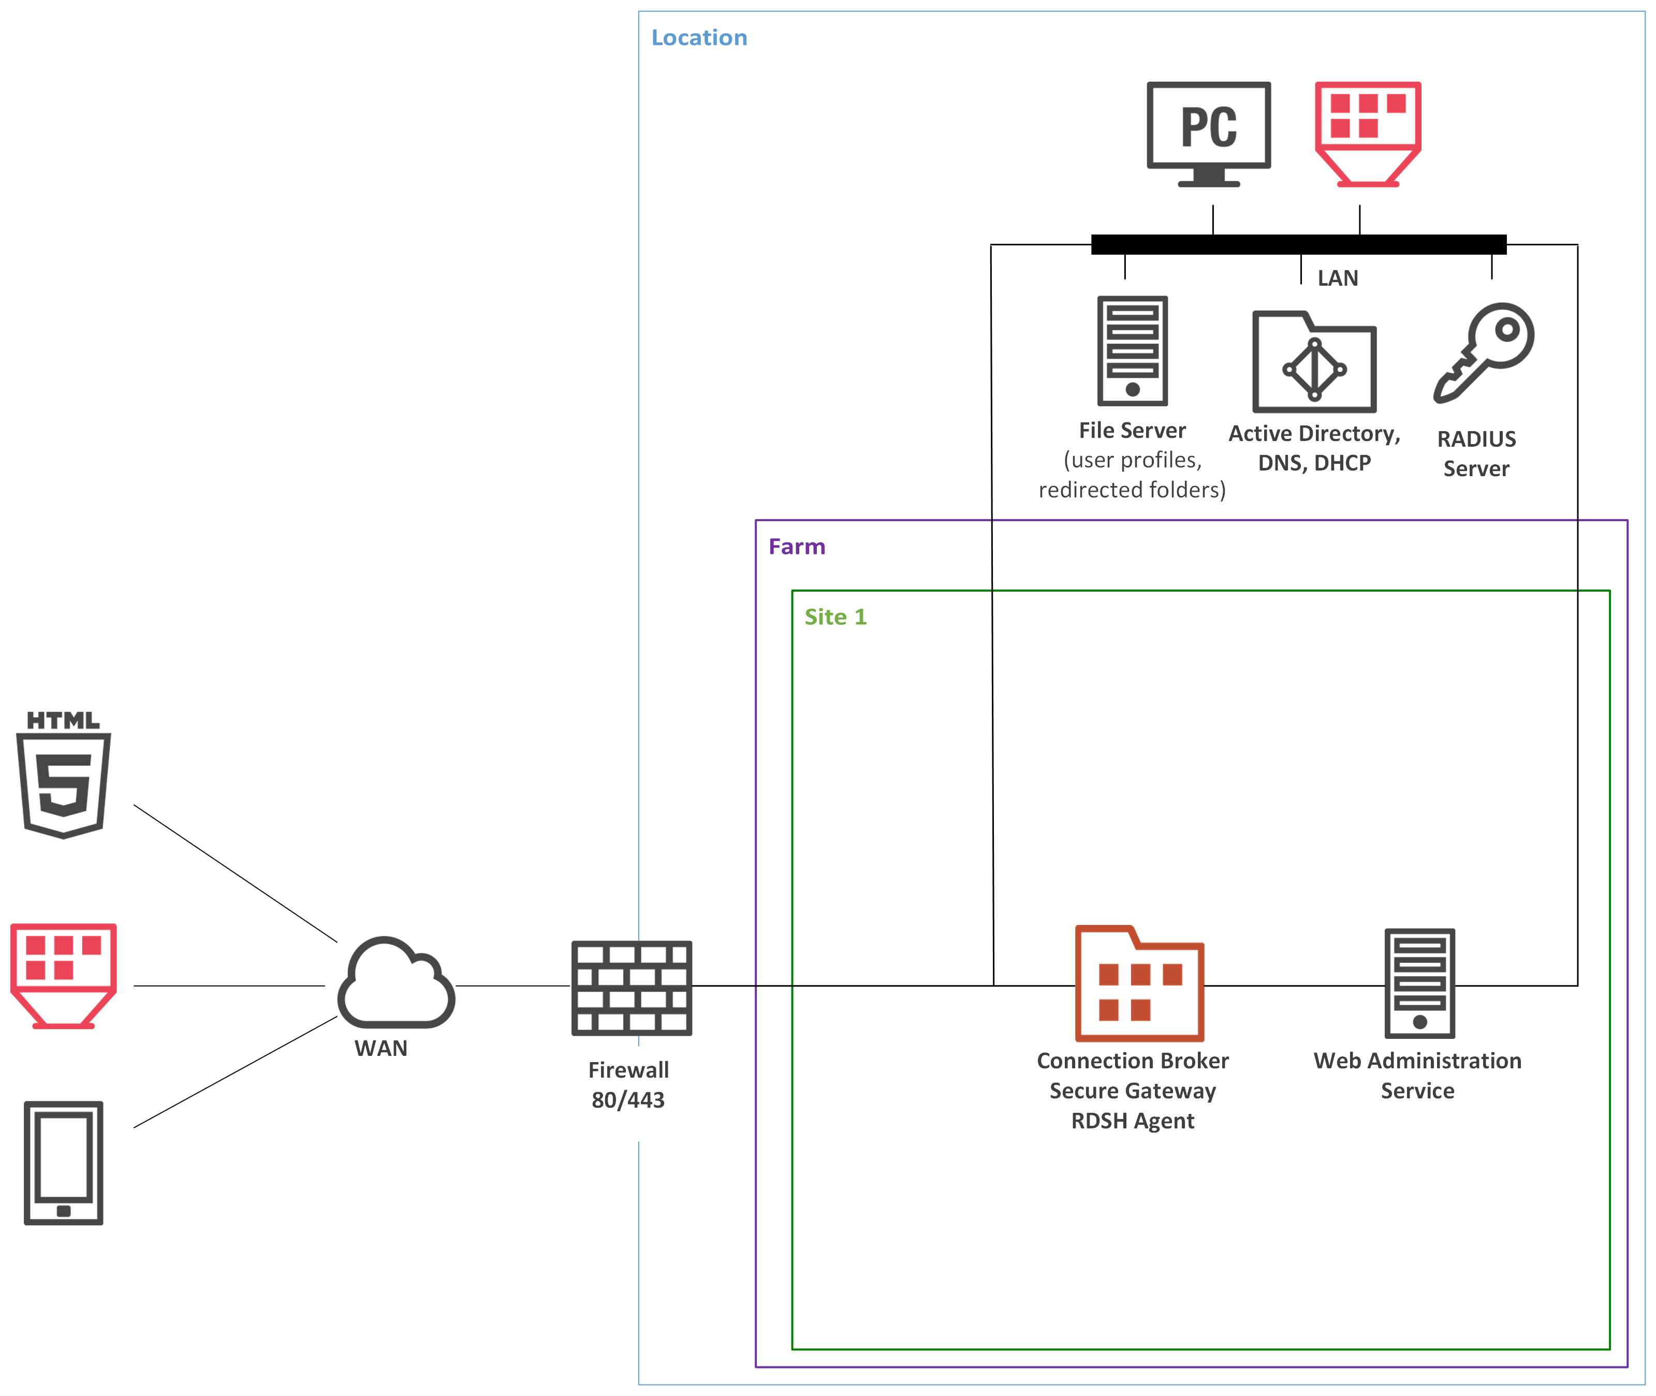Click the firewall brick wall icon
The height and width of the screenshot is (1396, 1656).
click(x=631, y=988)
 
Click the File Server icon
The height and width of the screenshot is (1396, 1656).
click(x=1132, y=350)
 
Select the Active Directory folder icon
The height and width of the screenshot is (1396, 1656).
click(x=1314, y=362)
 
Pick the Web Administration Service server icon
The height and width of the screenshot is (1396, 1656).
click(x=1419, y=983)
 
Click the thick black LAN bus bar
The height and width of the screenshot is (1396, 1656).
click(x=1298, y=244)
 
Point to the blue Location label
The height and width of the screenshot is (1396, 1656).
click(x=699, y=38)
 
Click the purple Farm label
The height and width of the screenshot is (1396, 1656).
click(x=796, y=547)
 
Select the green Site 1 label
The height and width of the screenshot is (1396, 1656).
click(x=835, y=618)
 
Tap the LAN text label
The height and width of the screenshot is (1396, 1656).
click(x=1338, y=278)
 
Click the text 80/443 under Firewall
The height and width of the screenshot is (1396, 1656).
click(x=628, y=1100)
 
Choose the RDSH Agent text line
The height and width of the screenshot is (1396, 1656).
click(x=1132, y=1121)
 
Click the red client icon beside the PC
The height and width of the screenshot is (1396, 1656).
click(x=1368, y=133)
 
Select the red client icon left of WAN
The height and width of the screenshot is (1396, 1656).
click(x=63, y=975)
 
